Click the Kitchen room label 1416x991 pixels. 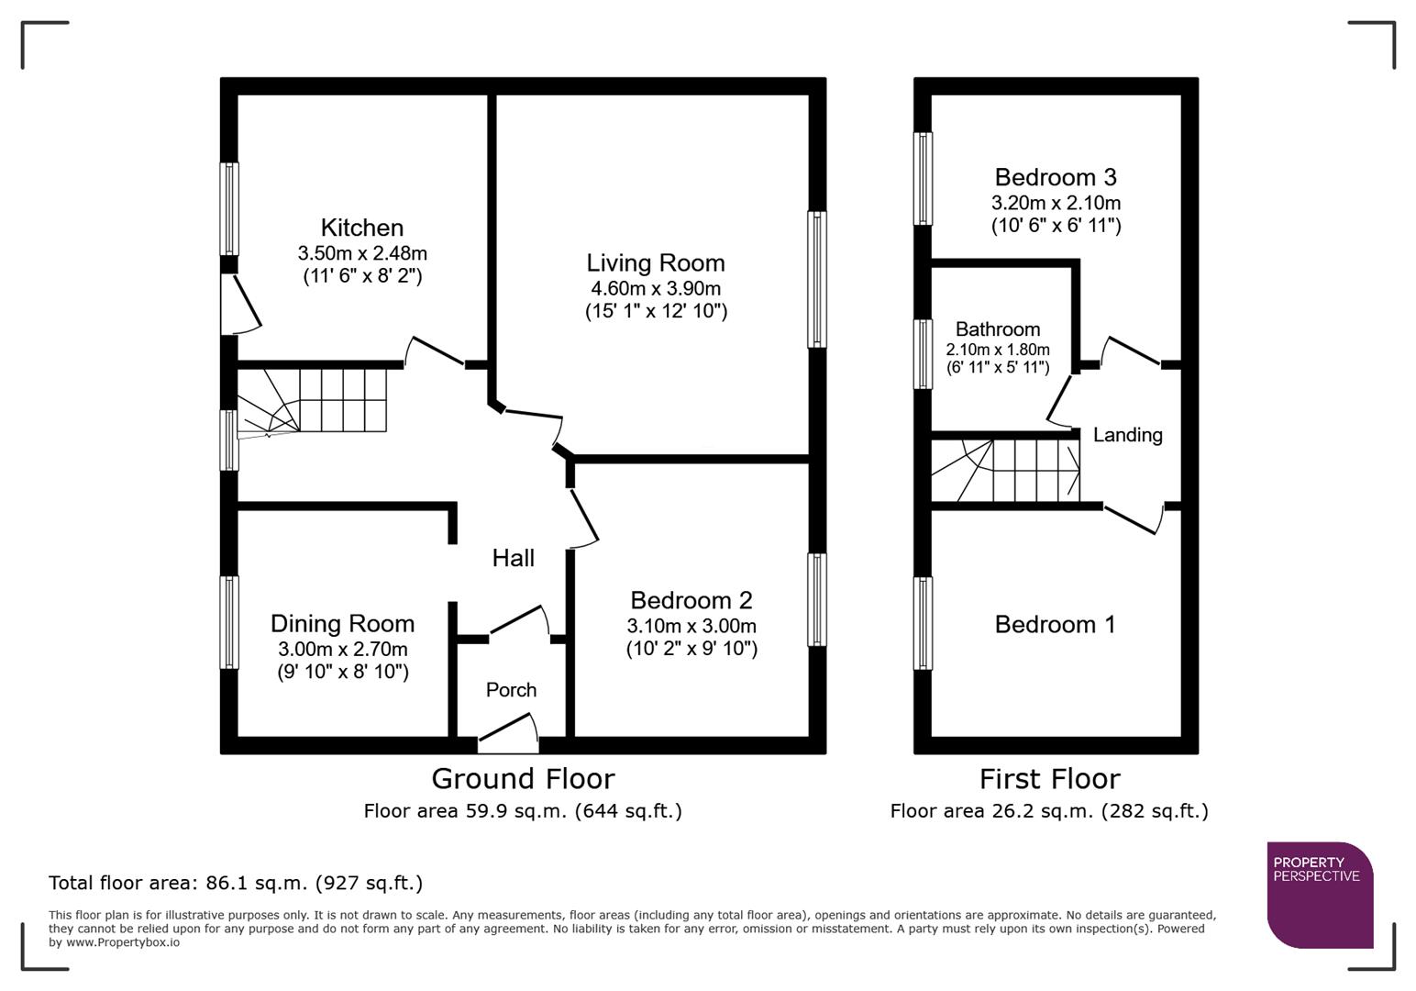pos(361,228)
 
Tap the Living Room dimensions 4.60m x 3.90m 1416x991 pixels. pos(656,288)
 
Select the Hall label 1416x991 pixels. pos(513,558)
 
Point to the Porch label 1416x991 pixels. pos(511,690)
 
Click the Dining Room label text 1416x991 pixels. pos(342,624)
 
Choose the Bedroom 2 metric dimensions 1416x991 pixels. pos(691,626)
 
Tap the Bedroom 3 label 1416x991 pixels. pos(1056,177)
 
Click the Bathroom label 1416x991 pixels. pos(998,329)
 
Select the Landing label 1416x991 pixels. pos(1127,435)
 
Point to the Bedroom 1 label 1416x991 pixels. pos(1055,625)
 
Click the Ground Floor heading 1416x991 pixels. pos(523,779)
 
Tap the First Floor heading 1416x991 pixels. pos(1049,779)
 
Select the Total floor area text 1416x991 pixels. pos(236,883)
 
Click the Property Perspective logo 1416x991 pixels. pos(1319,894)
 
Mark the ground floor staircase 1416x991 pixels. pos(312,400)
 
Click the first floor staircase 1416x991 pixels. pos(1006,471)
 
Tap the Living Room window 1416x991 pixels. pos(816,279)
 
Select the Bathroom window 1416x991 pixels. pos(924,353)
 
